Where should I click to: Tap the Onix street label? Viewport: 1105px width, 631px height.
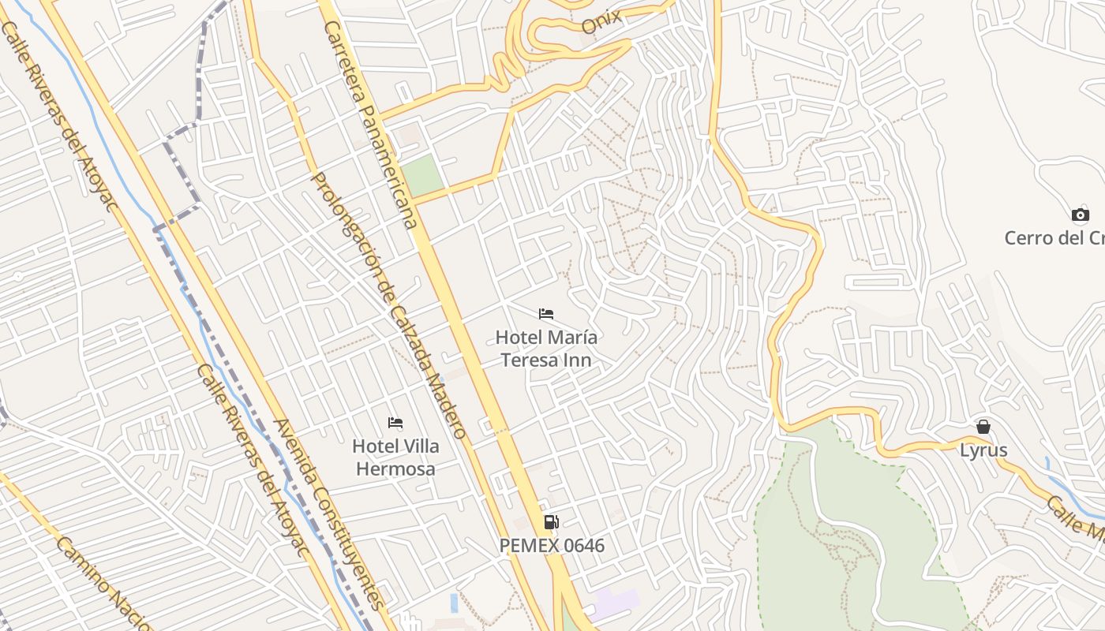tap(601, 21)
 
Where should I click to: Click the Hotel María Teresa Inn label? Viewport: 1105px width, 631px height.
tap(546, 349)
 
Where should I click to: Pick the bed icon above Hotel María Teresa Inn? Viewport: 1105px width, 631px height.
tap(546, 314)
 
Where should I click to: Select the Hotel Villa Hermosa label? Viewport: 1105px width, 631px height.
tap(395, 457)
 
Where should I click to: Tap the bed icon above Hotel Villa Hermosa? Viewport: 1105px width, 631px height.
tap(395, 424)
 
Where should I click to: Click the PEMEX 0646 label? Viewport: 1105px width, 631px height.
tap(552, 545)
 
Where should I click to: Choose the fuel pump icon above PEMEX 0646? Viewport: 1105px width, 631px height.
tap(552, 521)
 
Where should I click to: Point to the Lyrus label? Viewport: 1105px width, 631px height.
tap(983, 450)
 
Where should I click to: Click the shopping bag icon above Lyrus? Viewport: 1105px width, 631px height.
tap(983, 427)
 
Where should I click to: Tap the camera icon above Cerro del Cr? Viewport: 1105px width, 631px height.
tap(1080, 215)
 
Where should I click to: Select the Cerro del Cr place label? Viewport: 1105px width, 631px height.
tap(1054, 237)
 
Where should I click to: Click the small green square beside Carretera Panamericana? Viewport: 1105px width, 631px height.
tap(423, 174)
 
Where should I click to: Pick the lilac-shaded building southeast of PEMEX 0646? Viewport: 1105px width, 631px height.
tap(616, 604)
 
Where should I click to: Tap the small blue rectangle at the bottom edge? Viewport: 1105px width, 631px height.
tap(454, 603)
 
